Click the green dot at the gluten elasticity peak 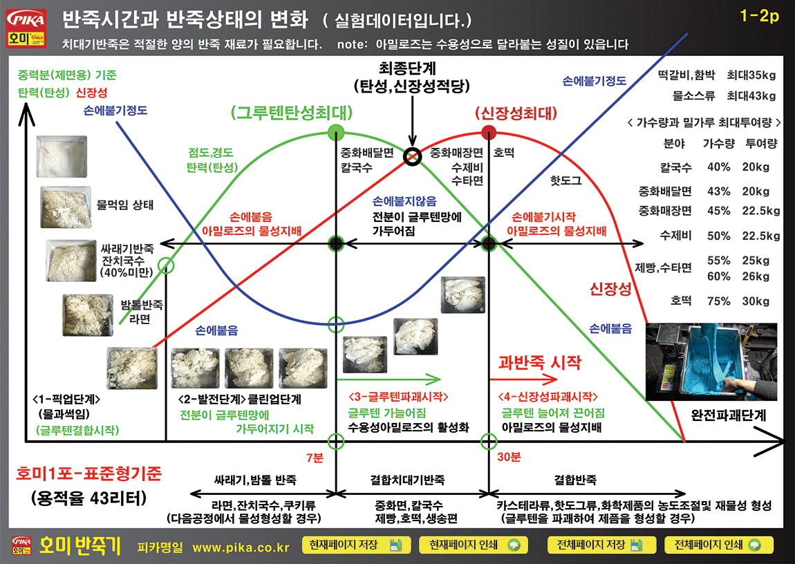(x=336, y=133)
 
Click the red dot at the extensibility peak (x=488, y=133)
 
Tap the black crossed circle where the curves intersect (x=412, y=156)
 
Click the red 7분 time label (x=315, y=458)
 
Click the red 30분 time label (x=509, y=457)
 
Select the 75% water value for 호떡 (x=719, y=301)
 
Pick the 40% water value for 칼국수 (x=719, y=167)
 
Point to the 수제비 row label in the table (x=675, y=236)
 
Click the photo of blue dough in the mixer (x=711, y=361)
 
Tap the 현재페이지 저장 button (x=353, y=545)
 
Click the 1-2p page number (x=759, y=16)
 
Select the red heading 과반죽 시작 (x=539, y=362)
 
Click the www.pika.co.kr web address (x=241, y=548)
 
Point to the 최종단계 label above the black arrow (x=407, y=68)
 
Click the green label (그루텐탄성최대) (x=292, y=112)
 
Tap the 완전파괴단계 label (x=729, y=415)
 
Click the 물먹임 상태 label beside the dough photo (x=124, y=205)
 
